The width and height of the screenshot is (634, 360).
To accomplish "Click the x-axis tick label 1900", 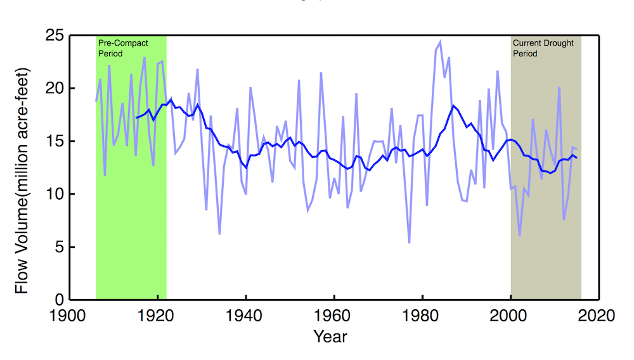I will click(68, 316).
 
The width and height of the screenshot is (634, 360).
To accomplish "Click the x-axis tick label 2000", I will click(510, 316).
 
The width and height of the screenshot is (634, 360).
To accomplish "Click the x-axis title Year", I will click(330, 336).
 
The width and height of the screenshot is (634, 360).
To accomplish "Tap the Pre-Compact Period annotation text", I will click(123, 48).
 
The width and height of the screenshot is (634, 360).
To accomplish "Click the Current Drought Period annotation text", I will click(543, 48).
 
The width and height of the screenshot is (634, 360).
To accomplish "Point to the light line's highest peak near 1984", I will click(440, 41).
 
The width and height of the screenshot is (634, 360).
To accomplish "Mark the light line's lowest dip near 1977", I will click(409, 242).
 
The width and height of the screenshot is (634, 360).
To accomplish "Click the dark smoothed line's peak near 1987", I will click(453, 106).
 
